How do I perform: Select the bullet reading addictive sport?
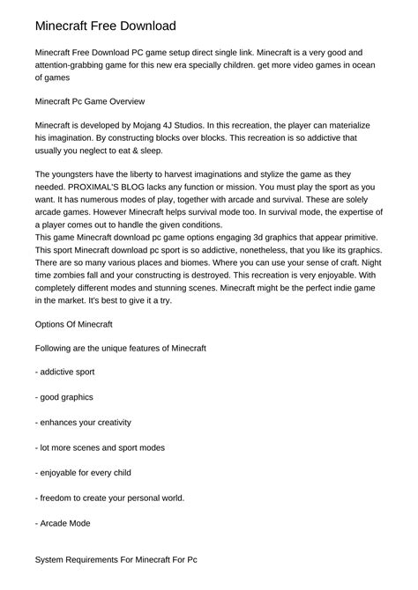[x=65, y=372]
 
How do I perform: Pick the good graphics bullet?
[x=64, y=397]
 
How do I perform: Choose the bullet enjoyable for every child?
[x=84, y=473]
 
